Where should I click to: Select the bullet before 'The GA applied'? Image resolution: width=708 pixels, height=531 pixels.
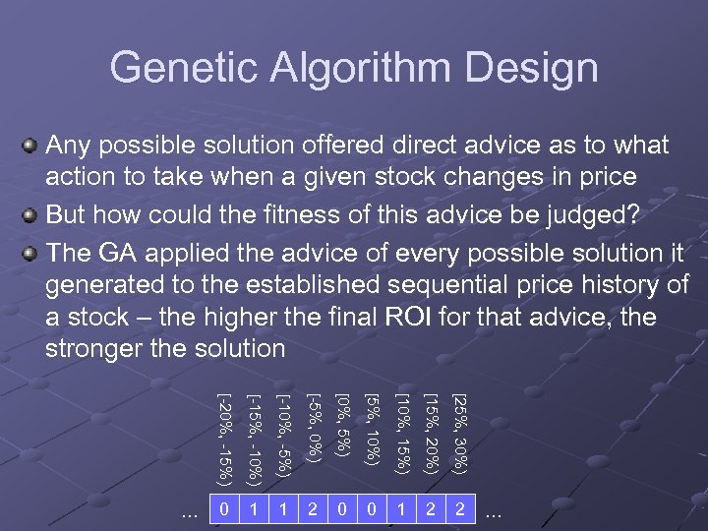[30, 251]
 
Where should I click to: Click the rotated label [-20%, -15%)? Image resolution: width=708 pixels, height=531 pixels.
[225, 438]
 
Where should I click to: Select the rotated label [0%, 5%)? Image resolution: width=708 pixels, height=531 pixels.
[343, 425]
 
